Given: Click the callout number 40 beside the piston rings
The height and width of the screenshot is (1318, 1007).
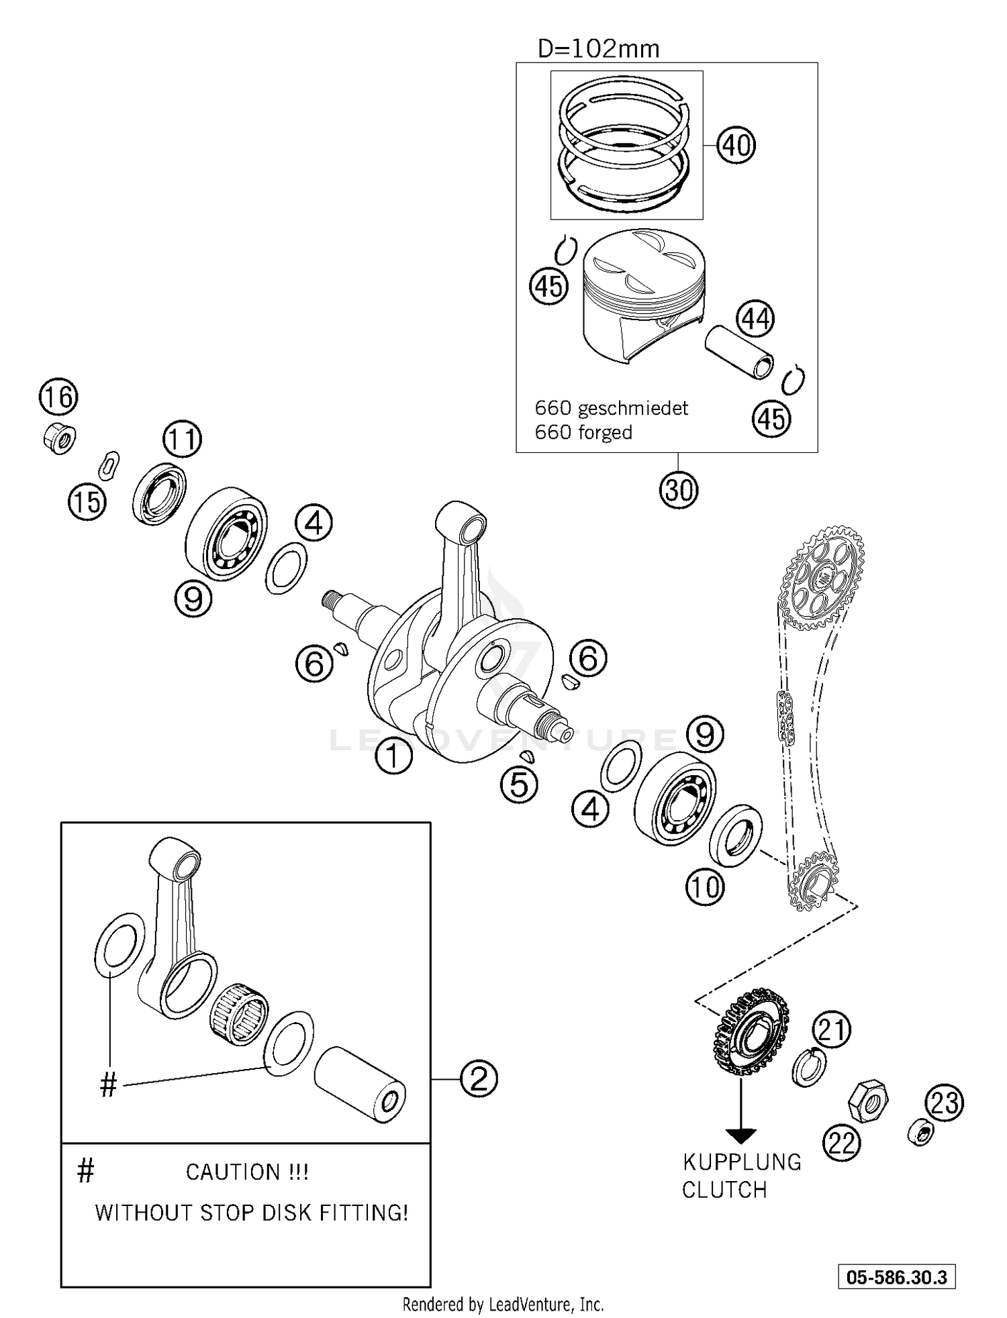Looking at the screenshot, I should click(x=736, y=145).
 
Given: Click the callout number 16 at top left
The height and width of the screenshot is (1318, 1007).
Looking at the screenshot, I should click(x=58, y=397).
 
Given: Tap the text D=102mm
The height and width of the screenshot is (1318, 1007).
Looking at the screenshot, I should click(x=598, y=49).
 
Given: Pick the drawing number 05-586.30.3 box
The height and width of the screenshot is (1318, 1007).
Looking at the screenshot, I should click(x=896, y=1277).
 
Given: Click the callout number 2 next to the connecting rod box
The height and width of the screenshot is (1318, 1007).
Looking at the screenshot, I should click(x=479, y=1079).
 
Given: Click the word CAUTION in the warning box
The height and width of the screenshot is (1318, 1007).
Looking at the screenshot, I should click(x=232, y=1172).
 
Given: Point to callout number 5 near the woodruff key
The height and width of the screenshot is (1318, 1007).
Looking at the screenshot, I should click(x=519, y=784).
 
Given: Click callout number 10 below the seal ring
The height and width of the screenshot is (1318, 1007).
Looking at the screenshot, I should click(x=704, y=887).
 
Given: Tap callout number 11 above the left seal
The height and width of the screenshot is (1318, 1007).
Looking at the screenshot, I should click(x=182, y=440).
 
